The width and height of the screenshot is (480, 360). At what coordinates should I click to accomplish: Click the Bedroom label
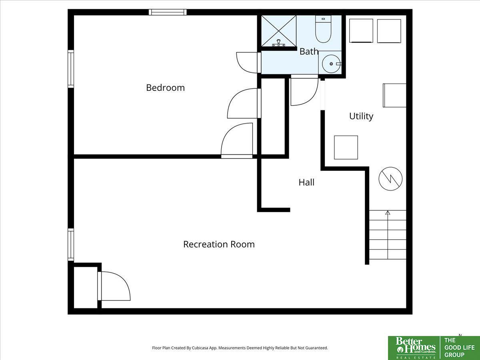tap(165, 88)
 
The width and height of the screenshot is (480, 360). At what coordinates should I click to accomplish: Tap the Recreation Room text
tap(219, 244)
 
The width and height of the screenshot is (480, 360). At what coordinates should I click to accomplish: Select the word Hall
tap(306, 182)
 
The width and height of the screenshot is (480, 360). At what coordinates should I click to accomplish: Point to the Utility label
tap(361, 116)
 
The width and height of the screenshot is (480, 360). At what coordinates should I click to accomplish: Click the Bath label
tap(309, 52)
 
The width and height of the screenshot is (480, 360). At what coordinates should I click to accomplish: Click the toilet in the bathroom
tap(323, 29)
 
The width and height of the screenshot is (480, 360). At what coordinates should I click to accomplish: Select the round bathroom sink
tap(331, 64)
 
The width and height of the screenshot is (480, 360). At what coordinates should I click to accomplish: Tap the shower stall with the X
tap(279, 31)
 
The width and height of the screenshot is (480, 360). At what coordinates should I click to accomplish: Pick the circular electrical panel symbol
tap(390, 179)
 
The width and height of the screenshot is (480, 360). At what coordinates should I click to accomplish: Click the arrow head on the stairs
tap(388, 212)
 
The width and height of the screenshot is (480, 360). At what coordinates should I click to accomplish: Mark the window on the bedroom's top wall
tap(168, 12)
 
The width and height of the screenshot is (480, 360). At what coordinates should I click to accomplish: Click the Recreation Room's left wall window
tap(71, 244)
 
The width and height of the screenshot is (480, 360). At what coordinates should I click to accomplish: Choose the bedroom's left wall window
tap(71, 69)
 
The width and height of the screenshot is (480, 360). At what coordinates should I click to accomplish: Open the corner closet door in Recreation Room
tap(114, 286)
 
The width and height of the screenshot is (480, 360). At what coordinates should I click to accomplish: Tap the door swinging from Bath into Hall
tap(304, 90)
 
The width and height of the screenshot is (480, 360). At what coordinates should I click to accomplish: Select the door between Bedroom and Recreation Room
tap(237, 140)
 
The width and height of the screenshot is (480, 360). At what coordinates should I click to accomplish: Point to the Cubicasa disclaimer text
tap(240, 348)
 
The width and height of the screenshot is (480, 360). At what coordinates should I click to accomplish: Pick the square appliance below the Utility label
tap(346, 147)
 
